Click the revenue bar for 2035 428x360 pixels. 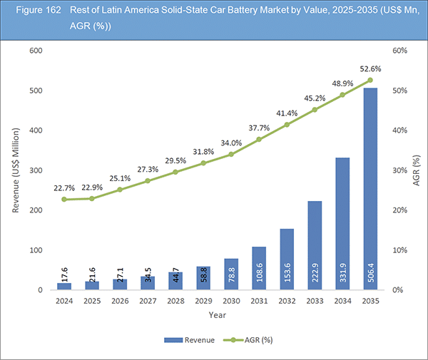point(370,189)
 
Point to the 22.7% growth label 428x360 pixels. point(64,187)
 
